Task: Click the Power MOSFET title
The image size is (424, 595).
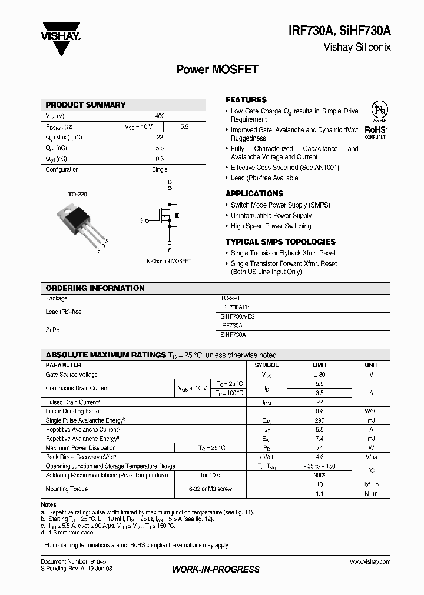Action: click(x=217, y=69)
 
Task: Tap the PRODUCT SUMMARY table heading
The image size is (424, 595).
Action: click(x=86, y=105)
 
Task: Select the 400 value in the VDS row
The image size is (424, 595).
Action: click(x=160, y=116)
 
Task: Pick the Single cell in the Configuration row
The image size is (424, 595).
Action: click(x=160, y=169)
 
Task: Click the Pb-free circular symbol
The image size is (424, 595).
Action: click(x=379, y=112)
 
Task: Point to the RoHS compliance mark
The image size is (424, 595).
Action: click(x=375, y=129)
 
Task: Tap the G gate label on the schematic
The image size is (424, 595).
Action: click(x=141, y=220)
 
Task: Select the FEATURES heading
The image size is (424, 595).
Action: click(x=246, y=100)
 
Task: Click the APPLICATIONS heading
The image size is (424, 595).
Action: click(x=254, y=193)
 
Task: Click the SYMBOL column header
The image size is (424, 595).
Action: click(x=267, y=365)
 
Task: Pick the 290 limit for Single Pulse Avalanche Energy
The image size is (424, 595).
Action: click(x=319, y=421)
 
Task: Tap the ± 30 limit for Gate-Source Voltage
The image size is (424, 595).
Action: click(x=319, y=375)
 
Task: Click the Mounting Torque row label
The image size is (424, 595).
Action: click(x=67, y=489)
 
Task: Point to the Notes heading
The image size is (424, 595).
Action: click(x=48, y=504)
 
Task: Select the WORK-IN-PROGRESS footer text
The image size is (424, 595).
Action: click(x=216, y=569)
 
